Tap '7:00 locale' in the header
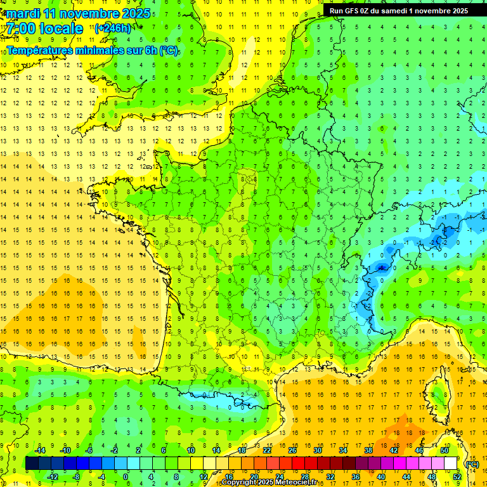coord(45,29)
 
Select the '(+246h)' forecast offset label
coord(113,28)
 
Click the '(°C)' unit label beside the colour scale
coord(471,464)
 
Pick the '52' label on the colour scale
coord(457,476)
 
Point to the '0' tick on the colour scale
coord(126,476)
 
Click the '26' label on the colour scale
coord(292,450)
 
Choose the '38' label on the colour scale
coord(368,450)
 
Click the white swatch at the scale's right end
coord(451,463)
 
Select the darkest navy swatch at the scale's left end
coord(32,463)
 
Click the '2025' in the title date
coord(135,13)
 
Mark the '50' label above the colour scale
coord(444,450)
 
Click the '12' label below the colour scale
coord(204,476)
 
